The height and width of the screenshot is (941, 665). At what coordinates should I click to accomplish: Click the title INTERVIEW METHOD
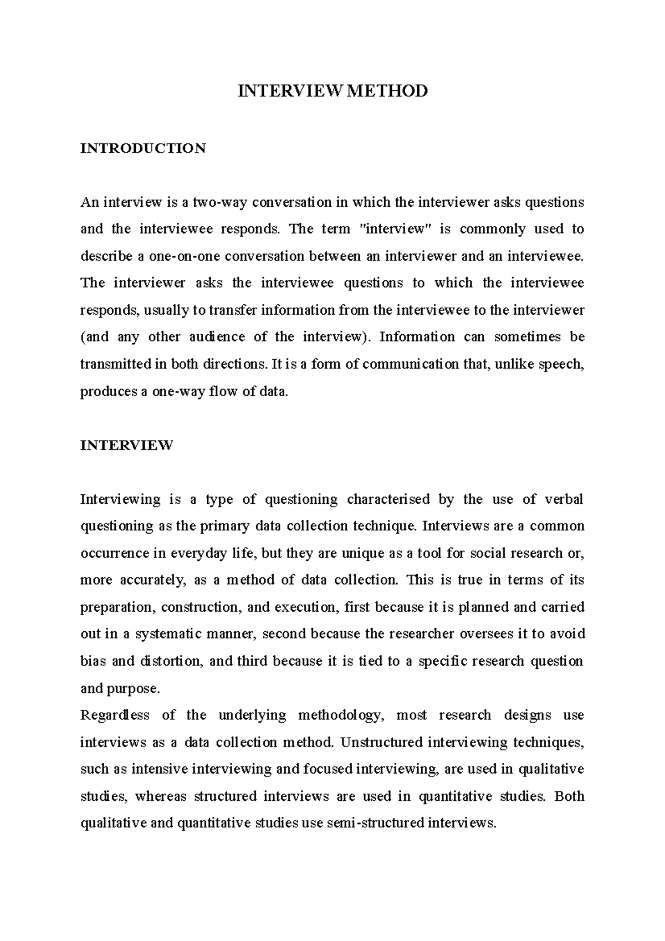pos(332,90)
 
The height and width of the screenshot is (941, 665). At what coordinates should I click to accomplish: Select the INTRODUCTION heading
pos(143,148)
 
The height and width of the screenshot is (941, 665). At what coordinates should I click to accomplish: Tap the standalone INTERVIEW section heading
pos(126,445)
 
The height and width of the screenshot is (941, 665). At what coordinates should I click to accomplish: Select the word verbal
pos(565,499)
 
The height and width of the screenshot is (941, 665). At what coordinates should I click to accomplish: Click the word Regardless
pos(115,715)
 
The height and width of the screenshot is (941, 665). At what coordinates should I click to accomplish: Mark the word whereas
pos(161,796)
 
